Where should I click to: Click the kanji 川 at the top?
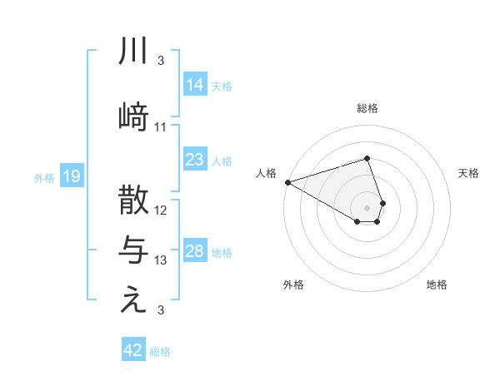coord(133,52)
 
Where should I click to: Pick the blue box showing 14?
coord(194,85)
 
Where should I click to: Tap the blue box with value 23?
coord(194,160)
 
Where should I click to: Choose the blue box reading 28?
coord(194,251)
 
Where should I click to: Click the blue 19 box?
coord(71,176)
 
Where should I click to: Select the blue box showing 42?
coord(133,350)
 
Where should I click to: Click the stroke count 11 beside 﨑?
coord(161,127)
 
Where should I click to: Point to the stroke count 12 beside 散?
coord(161,210)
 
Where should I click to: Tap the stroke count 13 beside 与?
coord(161,261)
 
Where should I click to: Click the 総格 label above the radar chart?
coord(367,108)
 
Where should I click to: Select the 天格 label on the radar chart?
coord(469,173)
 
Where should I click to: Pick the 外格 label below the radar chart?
coord(293,285)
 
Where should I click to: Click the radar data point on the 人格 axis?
coord(287,181)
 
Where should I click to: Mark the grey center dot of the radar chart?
coord(367,207)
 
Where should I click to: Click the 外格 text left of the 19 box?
coord(44,177)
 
